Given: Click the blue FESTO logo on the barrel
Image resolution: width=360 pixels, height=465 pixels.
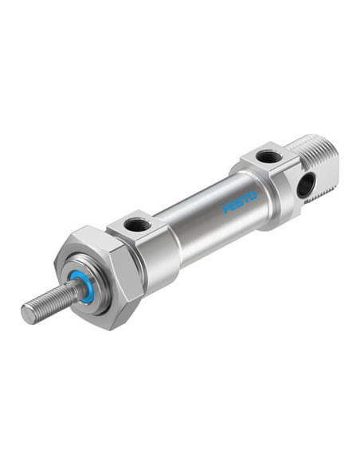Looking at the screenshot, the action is [240, 202].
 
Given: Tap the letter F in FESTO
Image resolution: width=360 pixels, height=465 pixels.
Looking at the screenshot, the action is [226, 209].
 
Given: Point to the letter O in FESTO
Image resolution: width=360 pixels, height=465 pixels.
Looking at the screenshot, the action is [253, 197].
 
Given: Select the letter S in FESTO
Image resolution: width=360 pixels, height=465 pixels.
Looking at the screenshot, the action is [240, 202].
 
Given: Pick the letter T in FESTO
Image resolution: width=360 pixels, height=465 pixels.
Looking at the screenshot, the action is [246, 200].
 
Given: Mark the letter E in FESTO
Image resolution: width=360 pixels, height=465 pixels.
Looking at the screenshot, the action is [233, 205].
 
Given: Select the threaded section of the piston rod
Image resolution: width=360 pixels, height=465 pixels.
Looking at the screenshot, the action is [49, 303].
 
